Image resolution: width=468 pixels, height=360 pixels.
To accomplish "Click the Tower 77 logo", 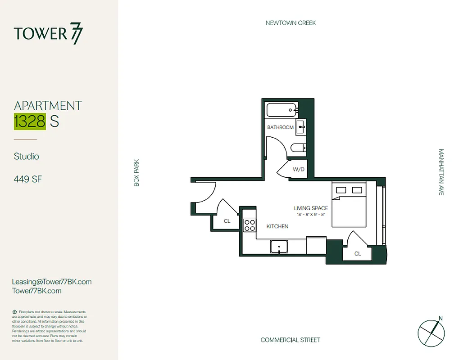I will coord(48,34).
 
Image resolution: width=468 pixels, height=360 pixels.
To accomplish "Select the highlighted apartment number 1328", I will coord(29,121).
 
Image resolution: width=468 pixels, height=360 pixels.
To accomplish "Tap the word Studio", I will coord(27,157).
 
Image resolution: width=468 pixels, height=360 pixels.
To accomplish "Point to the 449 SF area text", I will coord(28,179).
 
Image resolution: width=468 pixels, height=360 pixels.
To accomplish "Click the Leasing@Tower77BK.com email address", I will coord(52,282).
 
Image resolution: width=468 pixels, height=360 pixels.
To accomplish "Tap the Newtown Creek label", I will coord(291,23).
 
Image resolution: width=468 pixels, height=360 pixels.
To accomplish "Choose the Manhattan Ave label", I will coord(441,172).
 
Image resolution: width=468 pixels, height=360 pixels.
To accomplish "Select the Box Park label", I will coord(136,173).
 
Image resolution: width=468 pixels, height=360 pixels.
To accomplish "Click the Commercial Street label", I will coord(290,340).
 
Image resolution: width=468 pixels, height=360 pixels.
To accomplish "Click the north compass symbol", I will coord(431,332).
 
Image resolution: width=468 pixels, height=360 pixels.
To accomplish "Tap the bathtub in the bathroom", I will coord(281,109).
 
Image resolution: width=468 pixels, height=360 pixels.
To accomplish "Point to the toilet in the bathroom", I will coord(298,148).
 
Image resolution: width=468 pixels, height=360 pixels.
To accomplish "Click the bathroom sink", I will coord(301,127).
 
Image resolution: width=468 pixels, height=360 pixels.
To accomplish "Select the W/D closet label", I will coord(298,170).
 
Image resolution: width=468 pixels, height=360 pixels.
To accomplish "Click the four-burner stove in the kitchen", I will coord(250,225).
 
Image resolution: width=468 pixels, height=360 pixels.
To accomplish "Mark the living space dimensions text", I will coord(311,215).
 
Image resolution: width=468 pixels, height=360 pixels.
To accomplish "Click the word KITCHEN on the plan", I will coord(277,226).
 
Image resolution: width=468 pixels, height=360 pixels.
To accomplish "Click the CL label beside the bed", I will coord(358,254).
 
